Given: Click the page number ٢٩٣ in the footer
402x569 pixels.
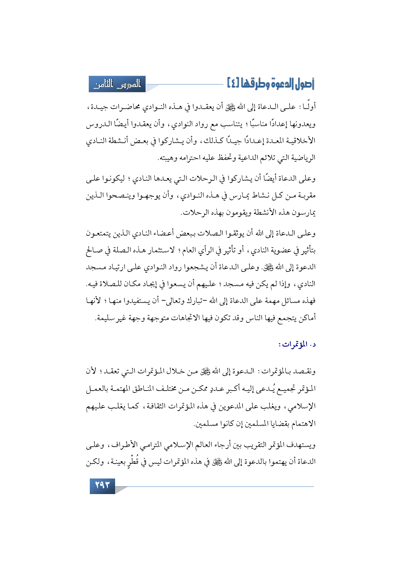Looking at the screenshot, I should click(102, 486).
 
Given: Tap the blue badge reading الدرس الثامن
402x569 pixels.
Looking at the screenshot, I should click(117, 84).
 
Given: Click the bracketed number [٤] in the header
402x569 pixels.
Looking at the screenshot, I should click(233, 84).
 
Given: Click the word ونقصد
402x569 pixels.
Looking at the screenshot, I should click(305, 371).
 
